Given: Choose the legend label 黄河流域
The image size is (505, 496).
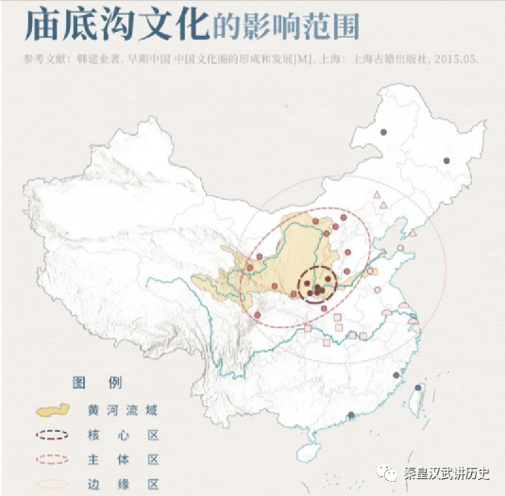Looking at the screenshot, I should pyautogui.click(x=131, y=411).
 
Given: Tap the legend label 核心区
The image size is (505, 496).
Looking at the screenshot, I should pyautogui.click(x=131, y=436).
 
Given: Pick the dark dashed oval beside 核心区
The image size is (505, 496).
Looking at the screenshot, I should pyautogui.click(x=54, y=436).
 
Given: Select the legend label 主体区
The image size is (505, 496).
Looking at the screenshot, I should pyautogui.click(x=131, y=459).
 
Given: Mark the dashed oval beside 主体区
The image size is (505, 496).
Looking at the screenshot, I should pyautogui.click(x=54, y=459).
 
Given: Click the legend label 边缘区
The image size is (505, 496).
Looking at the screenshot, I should pyautogui.click(x=131, y=483).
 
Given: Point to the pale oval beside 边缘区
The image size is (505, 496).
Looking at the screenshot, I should pyautogui.click(x=54, y=483).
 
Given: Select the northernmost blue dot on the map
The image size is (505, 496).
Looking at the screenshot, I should pyautogui.click(x=383, y=133).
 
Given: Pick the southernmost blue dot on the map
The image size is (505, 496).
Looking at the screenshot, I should pyautogui.click(x=351, y=415).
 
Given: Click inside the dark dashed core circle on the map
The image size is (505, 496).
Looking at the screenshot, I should pyautogui.click(x=318, y=286).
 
